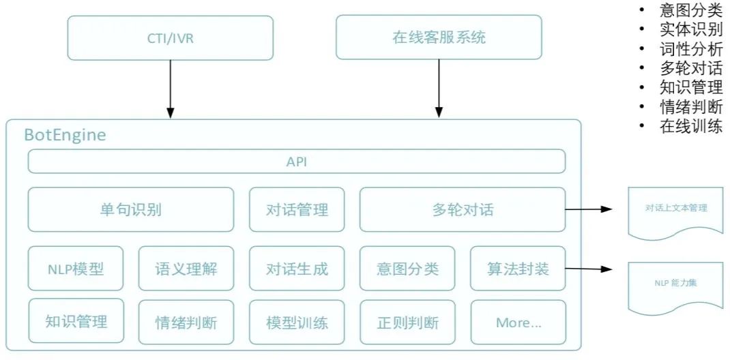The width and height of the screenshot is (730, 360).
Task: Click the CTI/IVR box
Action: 171,37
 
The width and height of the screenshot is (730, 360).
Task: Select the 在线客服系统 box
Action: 439,37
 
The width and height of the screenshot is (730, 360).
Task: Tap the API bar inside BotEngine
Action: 297,162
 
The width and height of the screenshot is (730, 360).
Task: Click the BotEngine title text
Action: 65,136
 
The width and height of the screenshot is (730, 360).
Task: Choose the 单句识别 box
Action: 131,209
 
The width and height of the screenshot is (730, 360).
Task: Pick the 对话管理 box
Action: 297,209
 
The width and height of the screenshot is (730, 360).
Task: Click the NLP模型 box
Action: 76,269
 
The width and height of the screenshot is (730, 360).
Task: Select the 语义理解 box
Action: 186,269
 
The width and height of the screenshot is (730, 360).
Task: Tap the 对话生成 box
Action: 297,269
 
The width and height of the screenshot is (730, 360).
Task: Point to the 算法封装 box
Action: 519,269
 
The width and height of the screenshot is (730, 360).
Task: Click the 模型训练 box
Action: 297,322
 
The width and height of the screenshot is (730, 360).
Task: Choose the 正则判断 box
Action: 407,322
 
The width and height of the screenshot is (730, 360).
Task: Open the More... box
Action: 519,322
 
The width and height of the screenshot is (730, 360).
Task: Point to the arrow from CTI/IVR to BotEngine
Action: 171,89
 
